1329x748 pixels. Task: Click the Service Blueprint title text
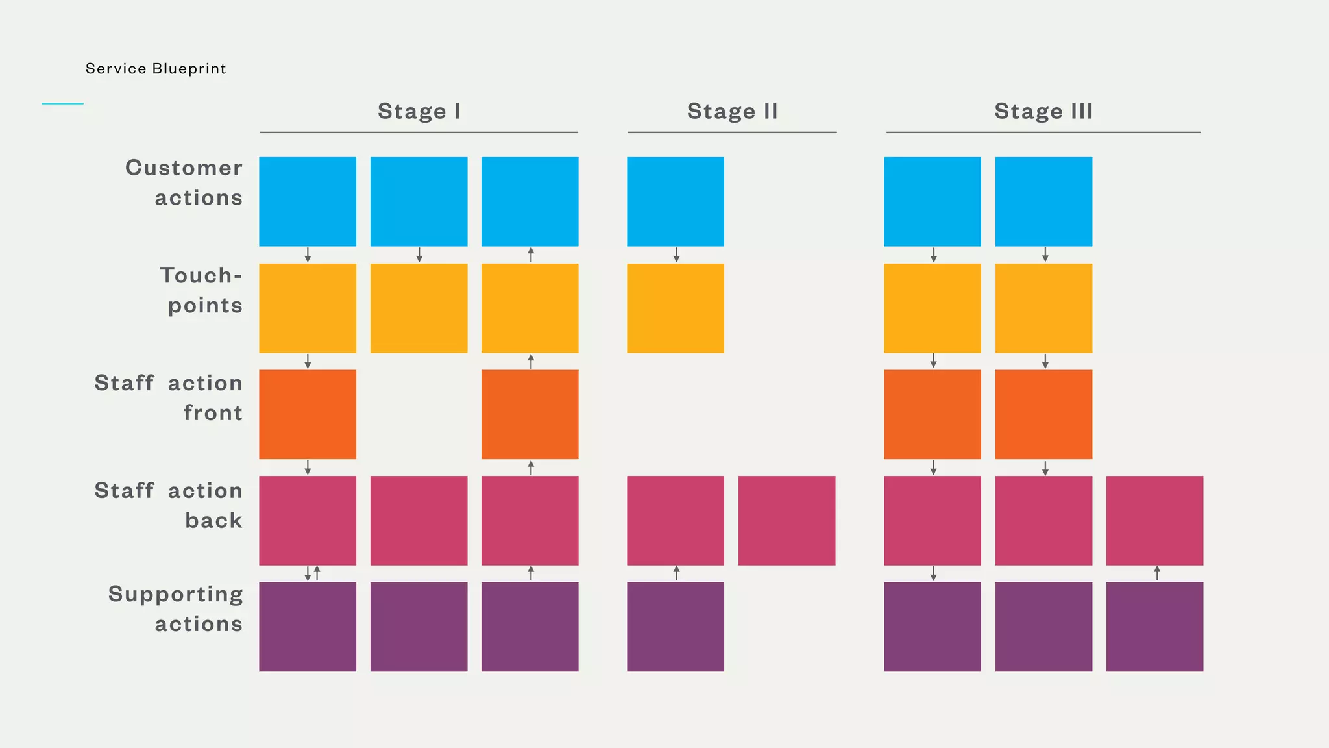[156, 69]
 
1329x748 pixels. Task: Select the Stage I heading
[419, 111]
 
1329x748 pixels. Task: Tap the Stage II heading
[732, 111]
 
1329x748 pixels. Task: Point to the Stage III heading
[1043, 111]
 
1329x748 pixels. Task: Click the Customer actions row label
[185, 182]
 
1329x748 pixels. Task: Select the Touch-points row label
[202, 290]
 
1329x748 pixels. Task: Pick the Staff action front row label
[169, 397]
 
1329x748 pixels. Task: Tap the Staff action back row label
[169, 505]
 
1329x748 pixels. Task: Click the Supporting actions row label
[176, 608]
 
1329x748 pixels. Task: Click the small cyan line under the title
[62, 103]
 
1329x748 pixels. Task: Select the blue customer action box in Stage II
[676, 201]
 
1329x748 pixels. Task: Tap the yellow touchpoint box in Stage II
[676, 308]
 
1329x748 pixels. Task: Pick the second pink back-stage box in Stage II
[786, 520]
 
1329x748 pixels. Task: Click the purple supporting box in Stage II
[676, 626]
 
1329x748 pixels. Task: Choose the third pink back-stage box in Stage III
[1154, 520]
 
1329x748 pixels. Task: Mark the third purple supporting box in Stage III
[1154, 626]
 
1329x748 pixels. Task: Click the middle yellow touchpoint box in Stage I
[419, 308]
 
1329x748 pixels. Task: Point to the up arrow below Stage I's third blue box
[531, 255]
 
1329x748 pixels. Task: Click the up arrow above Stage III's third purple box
[1157, 573]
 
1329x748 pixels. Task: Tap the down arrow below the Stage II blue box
[676, 255]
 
